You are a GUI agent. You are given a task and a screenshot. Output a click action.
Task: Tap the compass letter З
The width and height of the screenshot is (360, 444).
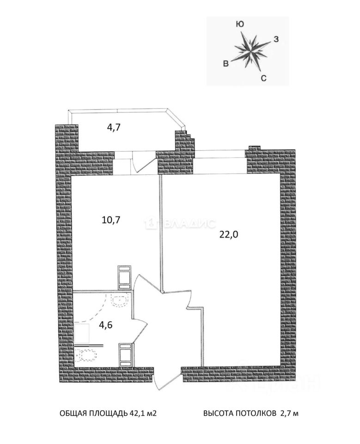click(275, 39)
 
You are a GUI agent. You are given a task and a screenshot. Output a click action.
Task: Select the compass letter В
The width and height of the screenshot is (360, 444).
click(226, 64)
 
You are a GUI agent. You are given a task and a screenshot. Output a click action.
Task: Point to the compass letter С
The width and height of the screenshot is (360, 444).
click(263, 78)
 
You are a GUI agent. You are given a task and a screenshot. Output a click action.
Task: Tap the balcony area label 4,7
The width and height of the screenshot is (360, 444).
click(114, 128)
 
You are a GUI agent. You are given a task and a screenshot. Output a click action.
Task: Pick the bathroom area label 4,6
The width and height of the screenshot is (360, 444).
click(106, 324)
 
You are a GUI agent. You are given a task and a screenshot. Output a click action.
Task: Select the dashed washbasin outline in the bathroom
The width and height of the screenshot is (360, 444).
click(120, 301)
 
